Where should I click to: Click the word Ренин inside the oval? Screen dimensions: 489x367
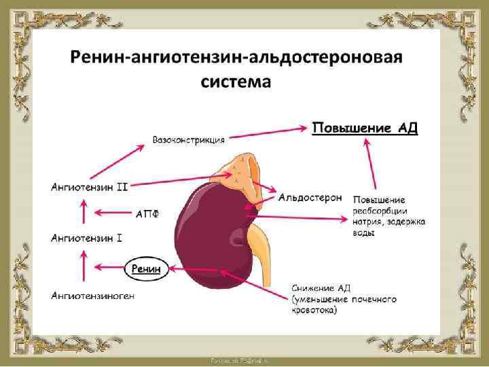click(146, 269)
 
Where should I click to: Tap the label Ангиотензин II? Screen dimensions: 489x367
click(90, 186)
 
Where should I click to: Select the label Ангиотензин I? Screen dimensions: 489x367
click(87, 238)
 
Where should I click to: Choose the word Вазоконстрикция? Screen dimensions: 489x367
click(189, 140)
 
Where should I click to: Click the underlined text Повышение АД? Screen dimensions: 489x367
click(365, 128)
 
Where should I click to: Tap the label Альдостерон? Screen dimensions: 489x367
click(310, 198)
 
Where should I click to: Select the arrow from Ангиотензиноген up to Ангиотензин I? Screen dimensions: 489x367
click(84, 266)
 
